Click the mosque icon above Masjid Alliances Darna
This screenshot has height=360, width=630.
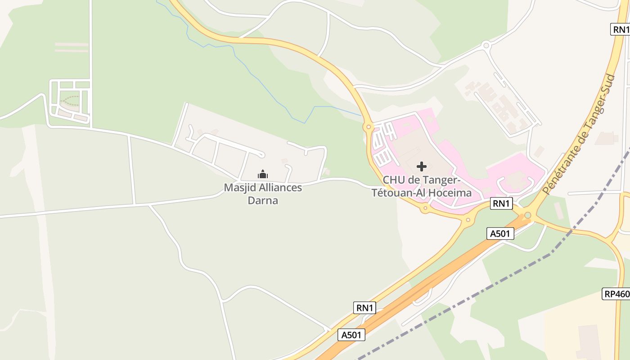click(x=263, y=174)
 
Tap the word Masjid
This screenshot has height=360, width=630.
click(x=238, y=188)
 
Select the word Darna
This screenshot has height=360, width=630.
click(x=263, y=200)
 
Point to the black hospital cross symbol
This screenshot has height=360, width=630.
click(x=422, y=166)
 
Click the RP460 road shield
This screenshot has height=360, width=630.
click(x=616, y=294)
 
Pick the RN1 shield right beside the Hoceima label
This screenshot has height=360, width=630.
click(x=501, y=203)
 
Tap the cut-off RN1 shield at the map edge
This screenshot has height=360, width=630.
click(x=621, y=30)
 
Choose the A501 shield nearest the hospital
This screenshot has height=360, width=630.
click(x=500, y=233)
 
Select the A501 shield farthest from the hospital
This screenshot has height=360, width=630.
click(x=351, y=335)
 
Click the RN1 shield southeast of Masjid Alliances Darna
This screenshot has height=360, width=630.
click(x=364, y=308)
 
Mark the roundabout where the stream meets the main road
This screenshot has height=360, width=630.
click(x=368, y=127)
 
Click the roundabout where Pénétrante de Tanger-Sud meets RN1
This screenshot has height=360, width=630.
click(x=528, y=216)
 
